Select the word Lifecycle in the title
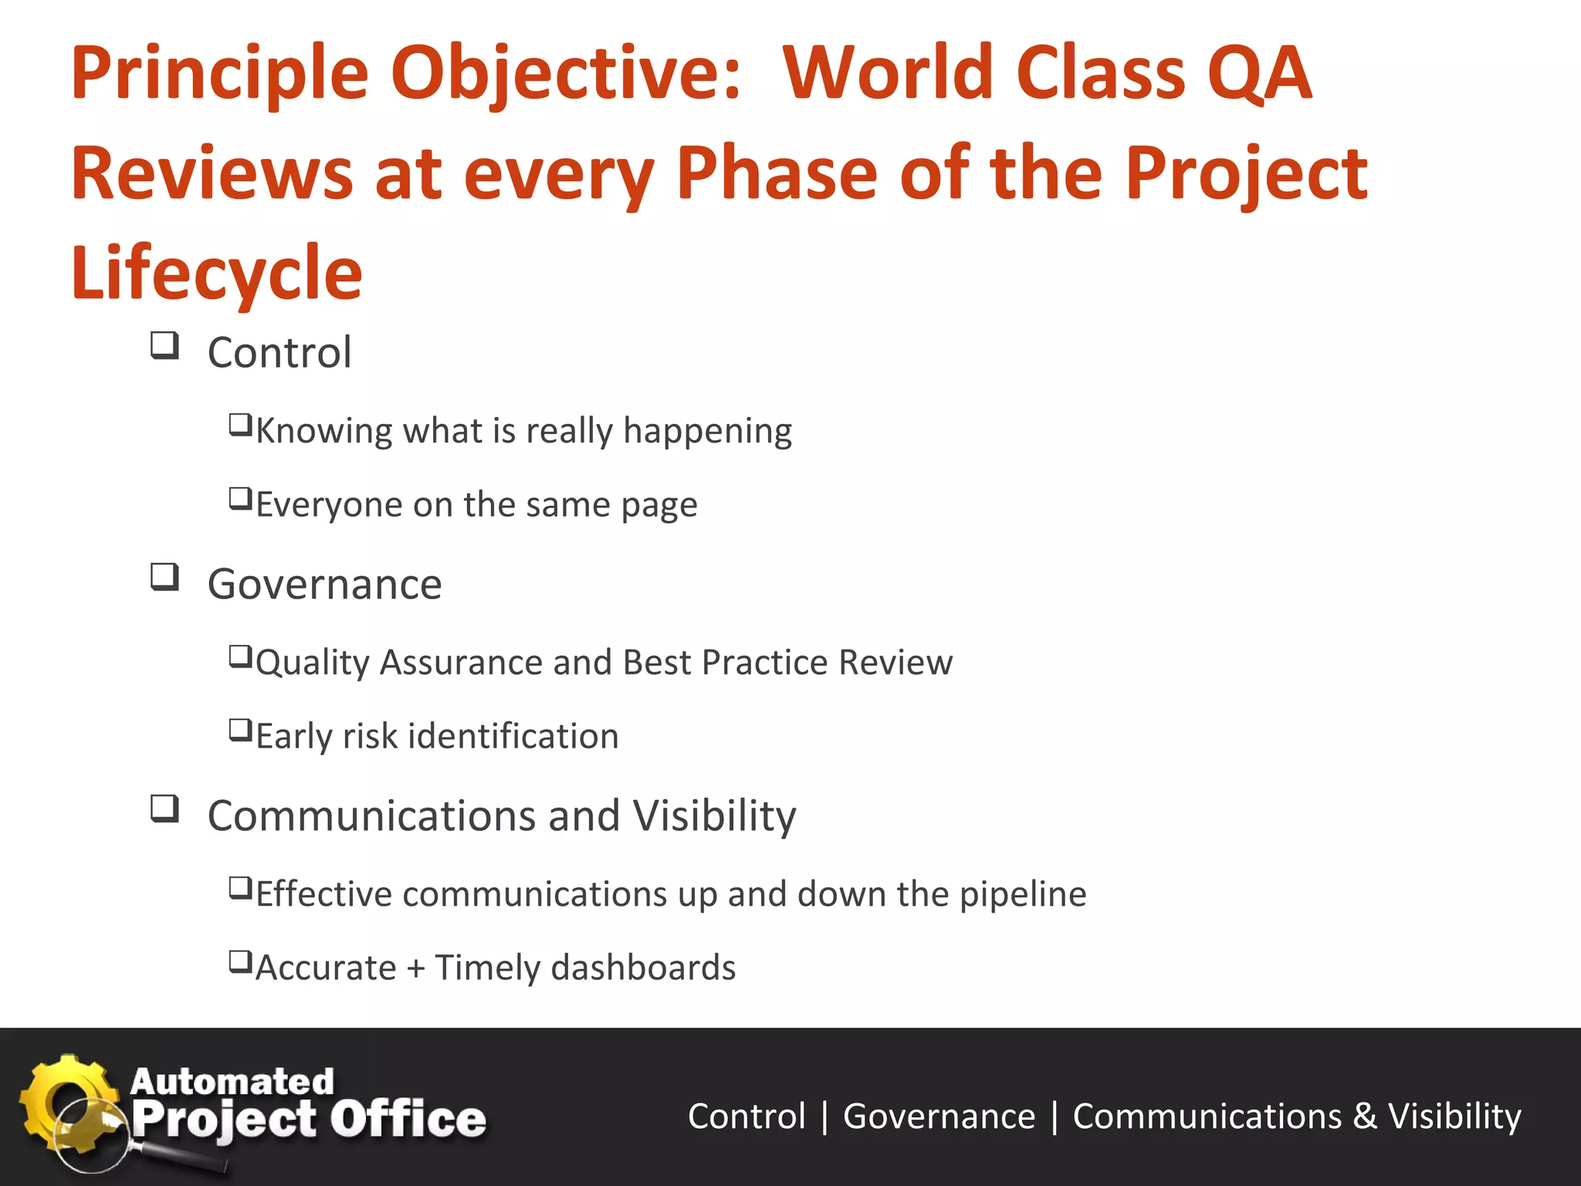pos(216,273)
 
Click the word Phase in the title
pos(777,173)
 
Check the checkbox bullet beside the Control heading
pos(164,345)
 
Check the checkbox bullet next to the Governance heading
pos(164,577)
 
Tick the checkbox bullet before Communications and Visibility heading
pos(164,808)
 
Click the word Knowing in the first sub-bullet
pos(324,431)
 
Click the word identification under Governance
pos(513,736)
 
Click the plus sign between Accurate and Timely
pos(416,968)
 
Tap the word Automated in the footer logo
pos(232,1081)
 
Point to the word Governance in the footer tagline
pos(939,1117)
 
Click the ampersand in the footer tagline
pos(1364,1117)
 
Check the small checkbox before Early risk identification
pos(240,730)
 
